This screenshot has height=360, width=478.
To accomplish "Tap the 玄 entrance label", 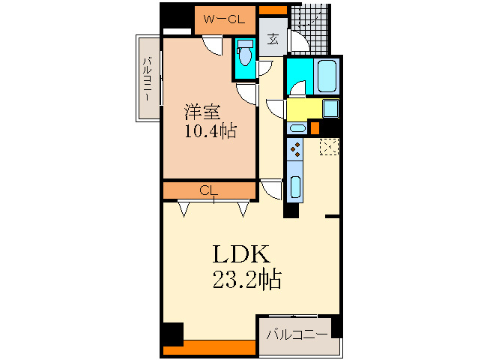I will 273,39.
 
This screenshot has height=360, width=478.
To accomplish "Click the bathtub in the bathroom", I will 328,76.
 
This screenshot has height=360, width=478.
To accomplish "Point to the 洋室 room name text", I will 202,112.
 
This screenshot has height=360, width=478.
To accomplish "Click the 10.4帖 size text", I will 211,131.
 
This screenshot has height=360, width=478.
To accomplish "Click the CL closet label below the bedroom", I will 209,191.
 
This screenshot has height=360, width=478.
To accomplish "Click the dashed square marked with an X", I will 329,146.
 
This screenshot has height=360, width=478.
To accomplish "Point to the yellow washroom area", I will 304,109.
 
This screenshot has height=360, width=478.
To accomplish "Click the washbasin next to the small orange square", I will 297,127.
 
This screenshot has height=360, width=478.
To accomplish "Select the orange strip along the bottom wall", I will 210,347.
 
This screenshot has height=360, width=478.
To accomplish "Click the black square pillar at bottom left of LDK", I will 173,333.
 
